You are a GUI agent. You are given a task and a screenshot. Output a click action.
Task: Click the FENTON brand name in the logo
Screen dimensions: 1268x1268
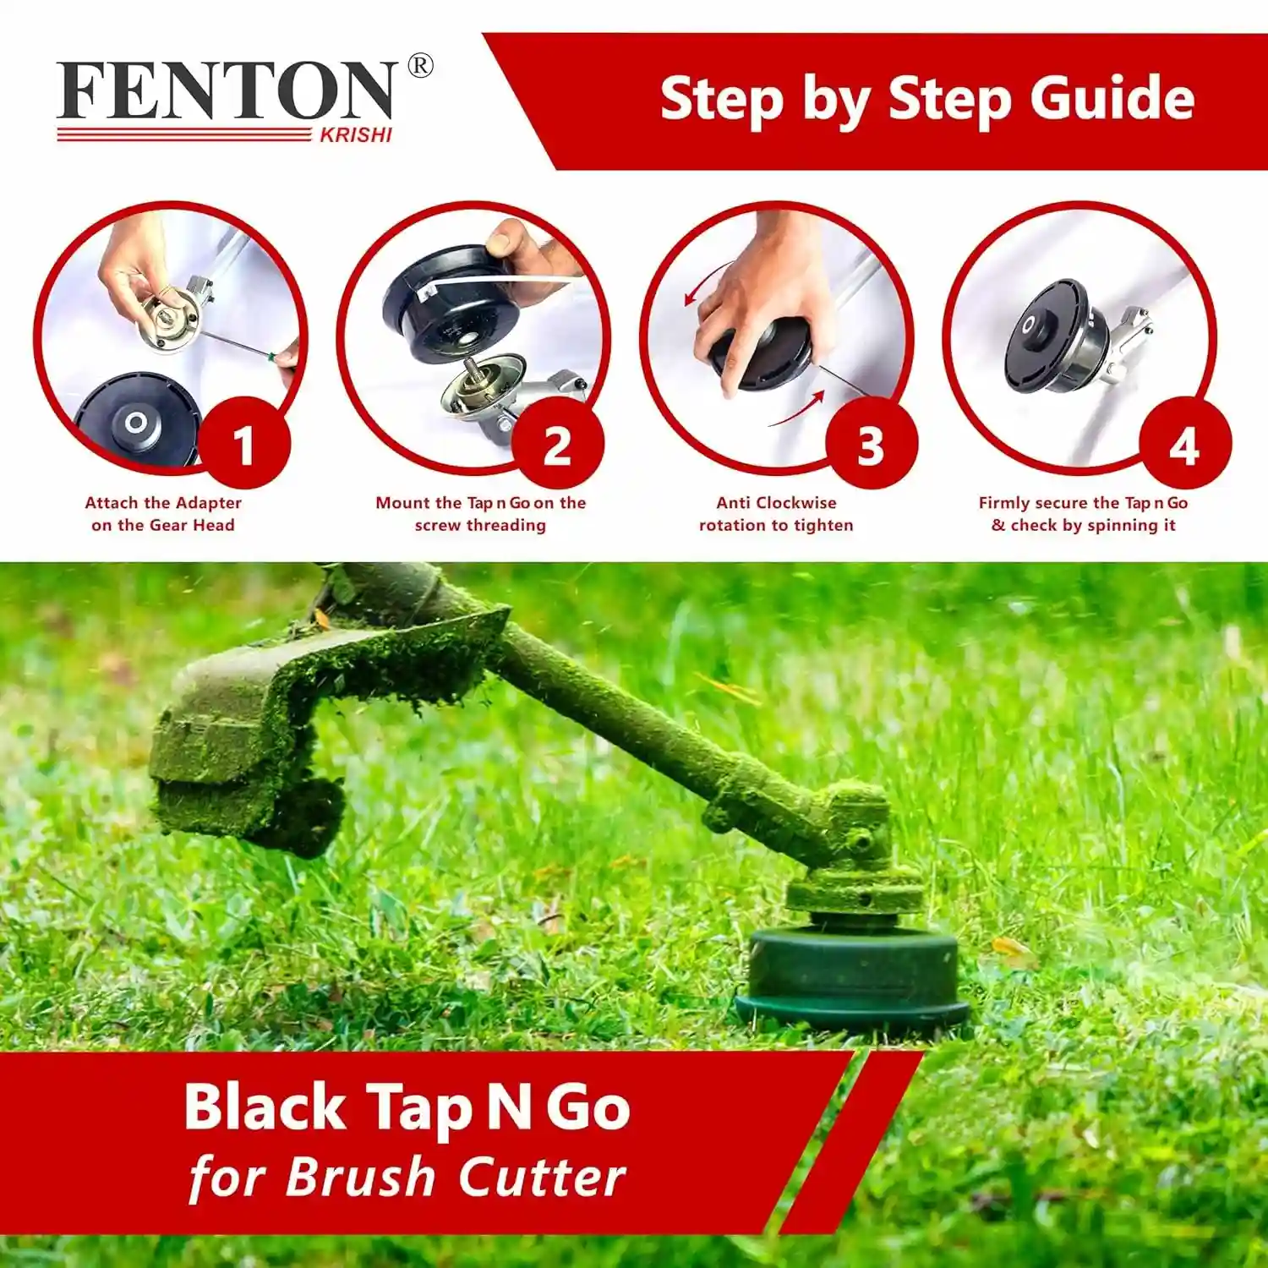click(x=227, y=91)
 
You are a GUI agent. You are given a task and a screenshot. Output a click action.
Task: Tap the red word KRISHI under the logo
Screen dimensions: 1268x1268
click(x=356, y=135)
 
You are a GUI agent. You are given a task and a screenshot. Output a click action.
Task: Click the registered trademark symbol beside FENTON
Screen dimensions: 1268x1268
click(x=420, y=66)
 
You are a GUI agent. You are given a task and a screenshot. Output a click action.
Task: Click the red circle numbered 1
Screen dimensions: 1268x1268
click(x=243, y=444)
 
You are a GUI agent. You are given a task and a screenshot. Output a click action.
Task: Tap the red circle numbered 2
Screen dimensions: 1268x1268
click(x=557, y=444)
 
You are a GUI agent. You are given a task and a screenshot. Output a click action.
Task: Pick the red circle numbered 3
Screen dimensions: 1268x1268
click(x=871, y=444)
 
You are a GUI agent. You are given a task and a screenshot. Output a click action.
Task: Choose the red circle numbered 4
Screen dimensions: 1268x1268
click(x=1184, y=444)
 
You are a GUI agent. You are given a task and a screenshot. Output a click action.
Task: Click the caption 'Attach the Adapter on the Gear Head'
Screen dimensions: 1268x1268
click(x=163, y=514)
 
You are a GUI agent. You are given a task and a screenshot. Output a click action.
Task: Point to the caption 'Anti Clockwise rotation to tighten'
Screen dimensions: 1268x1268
click(x=776, y=514)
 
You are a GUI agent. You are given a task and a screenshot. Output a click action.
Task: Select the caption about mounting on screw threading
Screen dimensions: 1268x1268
click(x=480, y=514)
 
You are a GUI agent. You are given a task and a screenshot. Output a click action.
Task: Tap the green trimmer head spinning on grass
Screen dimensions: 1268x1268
click(x=852, y=976)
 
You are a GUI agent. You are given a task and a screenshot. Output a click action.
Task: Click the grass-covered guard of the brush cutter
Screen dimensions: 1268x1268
click(x=254, y=735)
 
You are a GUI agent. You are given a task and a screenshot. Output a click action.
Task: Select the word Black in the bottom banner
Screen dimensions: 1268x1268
click(x=265, y=1107)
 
